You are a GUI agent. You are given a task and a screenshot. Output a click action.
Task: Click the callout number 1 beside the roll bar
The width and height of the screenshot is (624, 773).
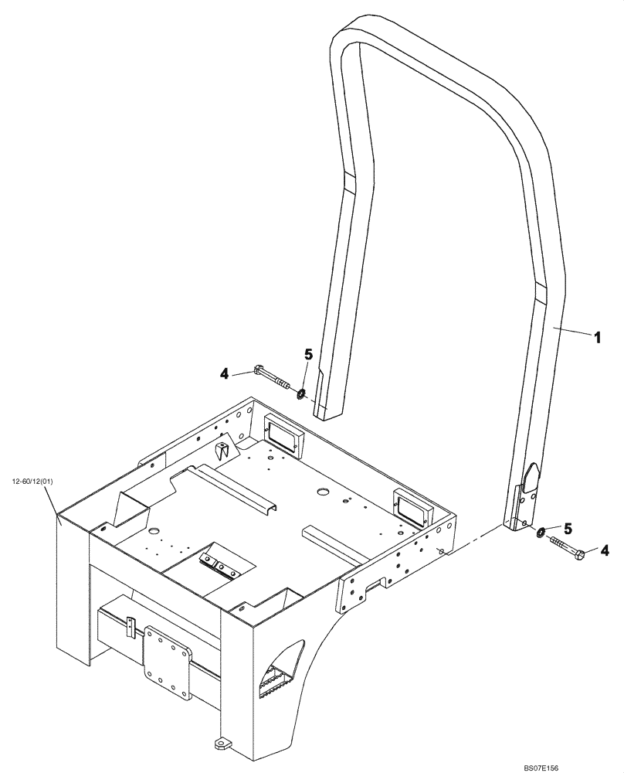tap(596, 337)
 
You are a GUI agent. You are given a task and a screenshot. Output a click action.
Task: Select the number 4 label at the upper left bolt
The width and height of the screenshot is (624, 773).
tap(225, 373)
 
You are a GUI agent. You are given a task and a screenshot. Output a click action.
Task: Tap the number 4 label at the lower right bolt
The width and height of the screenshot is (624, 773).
tap(605, 550)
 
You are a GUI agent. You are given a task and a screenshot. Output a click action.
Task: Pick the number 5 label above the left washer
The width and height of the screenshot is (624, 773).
tap(307, 355)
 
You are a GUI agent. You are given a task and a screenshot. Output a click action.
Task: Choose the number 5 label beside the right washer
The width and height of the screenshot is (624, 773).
tap(568, 529)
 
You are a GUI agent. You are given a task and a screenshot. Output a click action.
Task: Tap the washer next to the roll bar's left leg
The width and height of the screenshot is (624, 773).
tap(302, 395)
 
